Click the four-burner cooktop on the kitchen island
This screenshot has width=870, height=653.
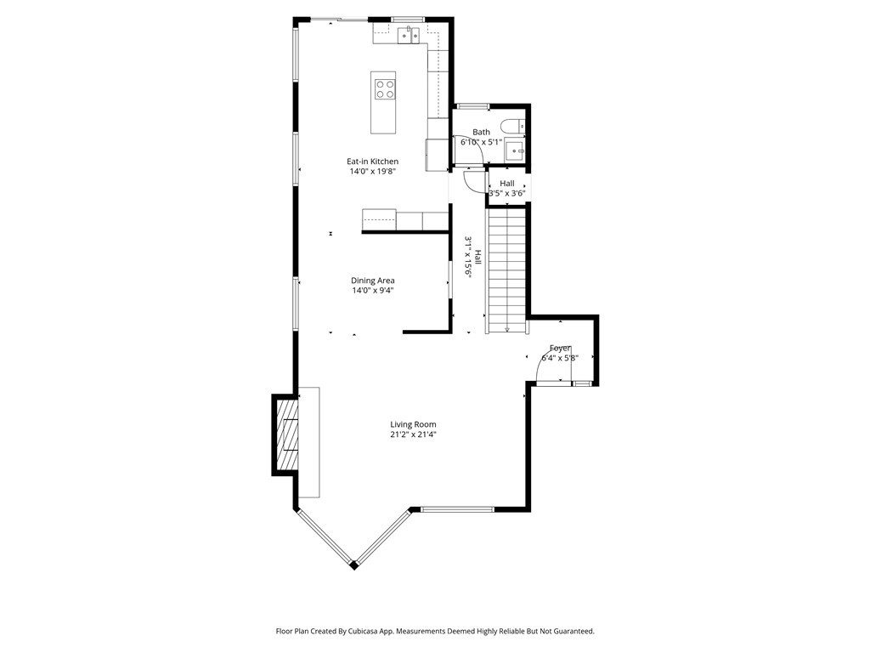pos(384,88)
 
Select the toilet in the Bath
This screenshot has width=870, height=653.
pos(511,127)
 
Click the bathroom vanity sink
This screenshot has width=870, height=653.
pos(515,151)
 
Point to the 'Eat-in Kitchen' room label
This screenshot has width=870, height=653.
pos(372,162)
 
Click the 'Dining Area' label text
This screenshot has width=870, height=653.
pos(372,281)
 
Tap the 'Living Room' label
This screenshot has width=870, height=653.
pos(413,424)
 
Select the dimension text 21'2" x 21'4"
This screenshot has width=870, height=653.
pos(413,434)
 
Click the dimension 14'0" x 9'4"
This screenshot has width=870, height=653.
pos(372,291)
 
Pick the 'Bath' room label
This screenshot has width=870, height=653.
pos(482,132)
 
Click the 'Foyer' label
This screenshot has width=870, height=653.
pos(560,348)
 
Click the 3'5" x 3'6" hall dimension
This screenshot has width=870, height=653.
pos(507,193)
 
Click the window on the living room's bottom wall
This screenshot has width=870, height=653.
pos(458,509)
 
